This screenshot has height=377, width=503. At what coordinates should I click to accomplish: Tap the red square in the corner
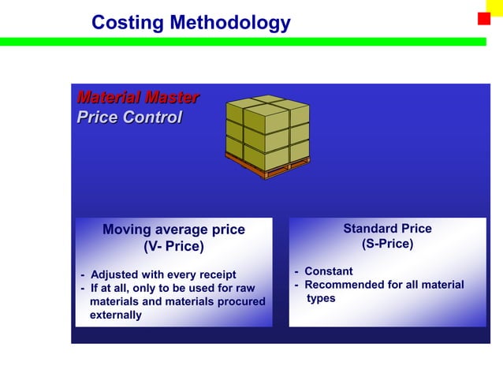tap(484, 19)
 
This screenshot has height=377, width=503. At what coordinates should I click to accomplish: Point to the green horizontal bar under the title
tap(237, 41)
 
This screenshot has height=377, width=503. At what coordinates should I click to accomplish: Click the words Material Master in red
tap(137, 98)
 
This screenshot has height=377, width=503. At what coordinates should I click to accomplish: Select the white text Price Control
tap(129, 118)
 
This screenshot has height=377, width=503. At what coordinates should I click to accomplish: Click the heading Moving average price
tap(173, 230)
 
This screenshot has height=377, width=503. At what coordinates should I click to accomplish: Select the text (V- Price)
tap(173, 247)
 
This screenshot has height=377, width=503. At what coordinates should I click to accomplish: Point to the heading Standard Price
tap(387, 229)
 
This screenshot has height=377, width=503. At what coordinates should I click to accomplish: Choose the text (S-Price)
tap(387, 244)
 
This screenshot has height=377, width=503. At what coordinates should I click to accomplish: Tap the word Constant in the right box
tap(329, 271)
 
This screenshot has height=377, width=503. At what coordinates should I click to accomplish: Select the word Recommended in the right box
tap(344, 285)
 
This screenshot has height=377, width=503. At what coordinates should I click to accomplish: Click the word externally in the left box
tap(116, 315)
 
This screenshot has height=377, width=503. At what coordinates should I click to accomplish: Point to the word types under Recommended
tap(321, 298)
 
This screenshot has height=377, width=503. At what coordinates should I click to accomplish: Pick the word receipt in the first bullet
tap(215, 274)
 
